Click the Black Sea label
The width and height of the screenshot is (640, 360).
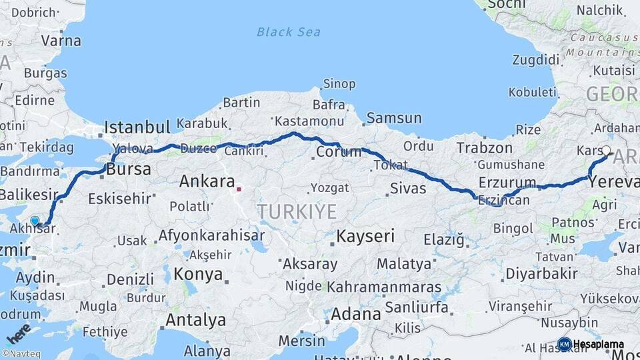[289, 32]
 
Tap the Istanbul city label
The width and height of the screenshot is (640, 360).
[137, 127]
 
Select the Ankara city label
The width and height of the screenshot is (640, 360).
[207, 181]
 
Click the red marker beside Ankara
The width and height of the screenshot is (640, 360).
[239, 189]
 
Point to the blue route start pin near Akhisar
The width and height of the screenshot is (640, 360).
[35, 220]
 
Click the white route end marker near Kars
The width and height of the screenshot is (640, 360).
[606, 151]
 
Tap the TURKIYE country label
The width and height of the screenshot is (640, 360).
[297, 212]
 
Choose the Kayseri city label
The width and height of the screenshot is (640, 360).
[365, 235]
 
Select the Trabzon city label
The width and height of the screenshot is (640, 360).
[485, 147]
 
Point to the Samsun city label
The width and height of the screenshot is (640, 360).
[394, 118]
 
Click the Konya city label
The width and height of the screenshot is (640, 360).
[198, 274]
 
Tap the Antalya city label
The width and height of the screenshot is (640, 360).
[195, 320]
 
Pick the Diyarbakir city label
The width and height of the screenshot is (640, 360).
[541, 273]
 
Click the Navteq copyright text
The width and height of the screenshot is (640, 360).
[23, 354]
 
